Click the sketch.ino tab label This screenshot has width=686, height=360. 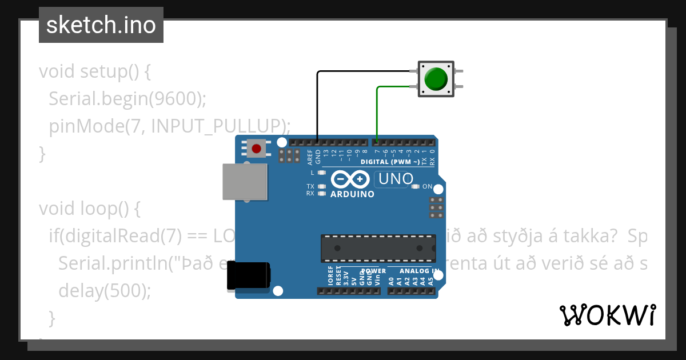[101, 25]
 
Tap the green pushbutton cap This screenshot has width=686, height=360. [437, 79]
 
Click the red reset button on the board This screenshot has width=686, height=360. [256, 149]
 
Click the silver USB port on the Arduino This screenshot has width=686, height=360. [245, 182]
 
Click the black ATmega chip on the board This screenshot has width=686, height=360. [378, 248]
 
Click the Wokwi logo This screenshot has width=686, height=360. [607, 315]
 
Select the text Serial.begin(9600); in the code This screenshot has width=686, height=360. [127, 99]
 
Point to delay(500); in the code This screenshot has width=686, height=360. [105, 291]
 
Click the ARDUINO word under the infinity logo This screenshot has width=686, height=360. [352, 194]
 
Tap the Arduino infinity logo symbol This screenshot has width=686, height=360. [349, 180]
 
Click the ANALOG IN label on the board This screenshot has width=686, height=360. [419, 271]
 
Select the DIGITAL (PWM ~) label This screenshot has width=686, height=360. [390, 162]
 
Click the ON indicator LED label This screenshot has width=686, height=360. [427, 186]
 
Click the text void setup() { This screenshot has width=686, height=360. [94, 72]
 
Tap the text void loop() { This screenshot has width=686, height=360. [90, 209]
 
